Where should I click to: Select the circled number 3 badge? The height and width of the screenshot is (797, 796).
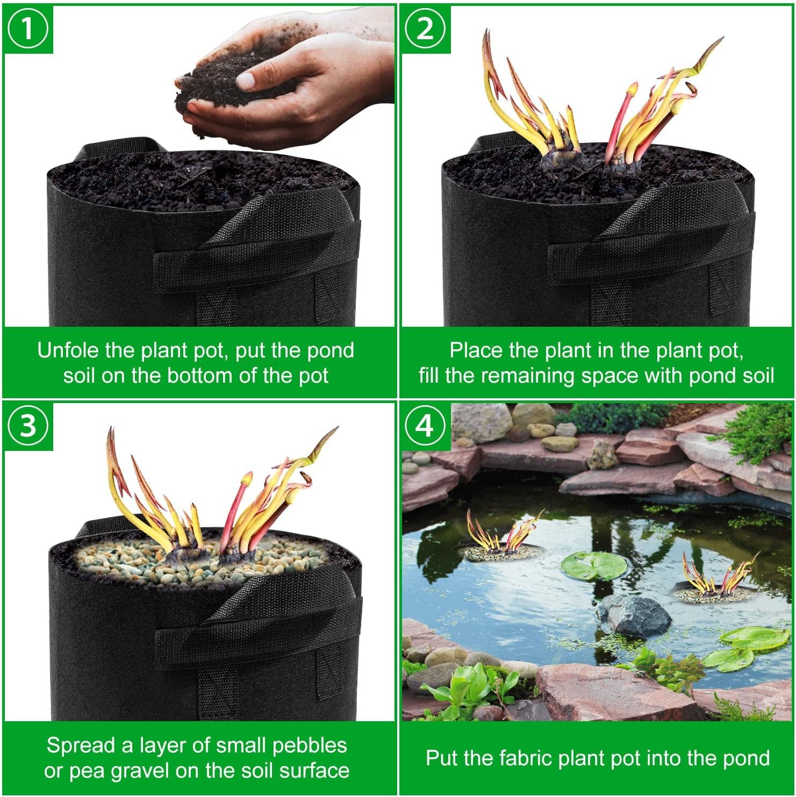[x=28, y=426]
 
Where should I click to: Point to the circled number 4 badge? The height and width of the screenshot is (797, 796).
[x=425, y=426]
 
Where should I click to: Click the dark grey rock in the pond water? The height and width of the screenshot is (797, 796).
[x=634, y=616]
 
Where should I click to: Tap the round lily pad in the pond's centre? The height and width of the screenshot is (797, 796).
[x=594, y=565]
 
